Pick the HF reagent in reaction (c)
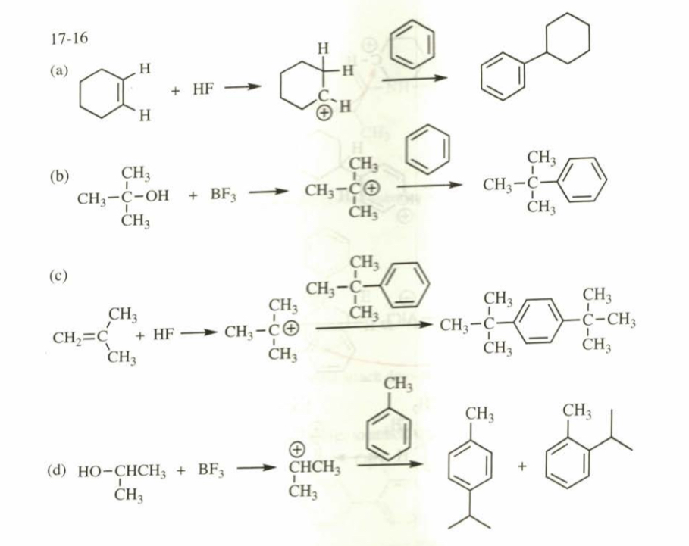[x=164, y=334]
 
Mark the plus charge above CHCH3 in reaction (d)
[x=299, y=452]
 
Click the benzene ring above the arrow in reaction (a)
[x=415, y=43]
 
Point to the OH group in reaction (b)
[x=155, y=195]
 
